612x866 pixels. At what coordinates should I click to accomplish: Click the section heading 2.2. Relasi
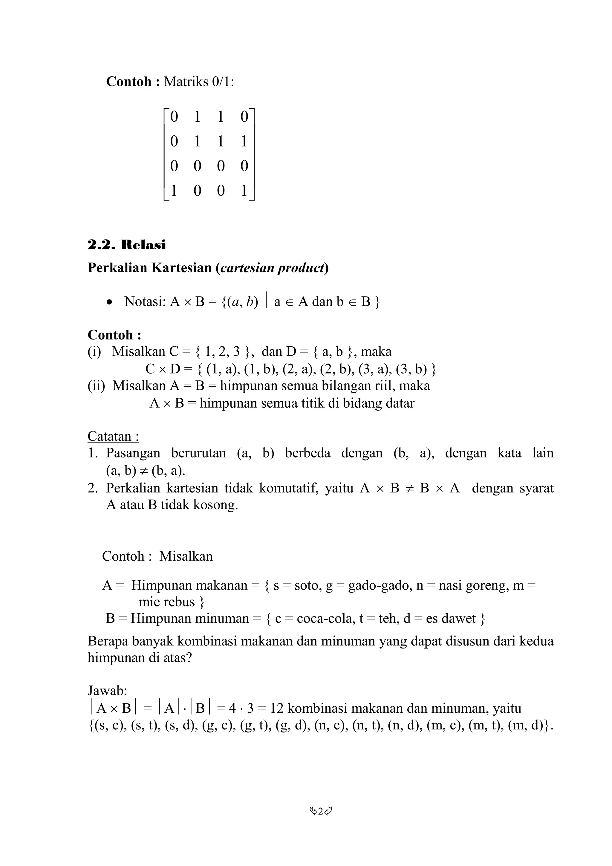click(x=127, y=245)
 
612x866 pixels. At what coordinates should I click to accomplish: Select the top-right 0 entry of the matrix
click(x=244, y=117)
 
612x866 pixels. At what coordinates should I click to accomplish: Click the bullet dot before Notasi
click(x=109, y=302)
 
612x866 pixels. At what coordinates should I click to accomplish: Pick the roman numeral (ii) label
click(x=96, y=385)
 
